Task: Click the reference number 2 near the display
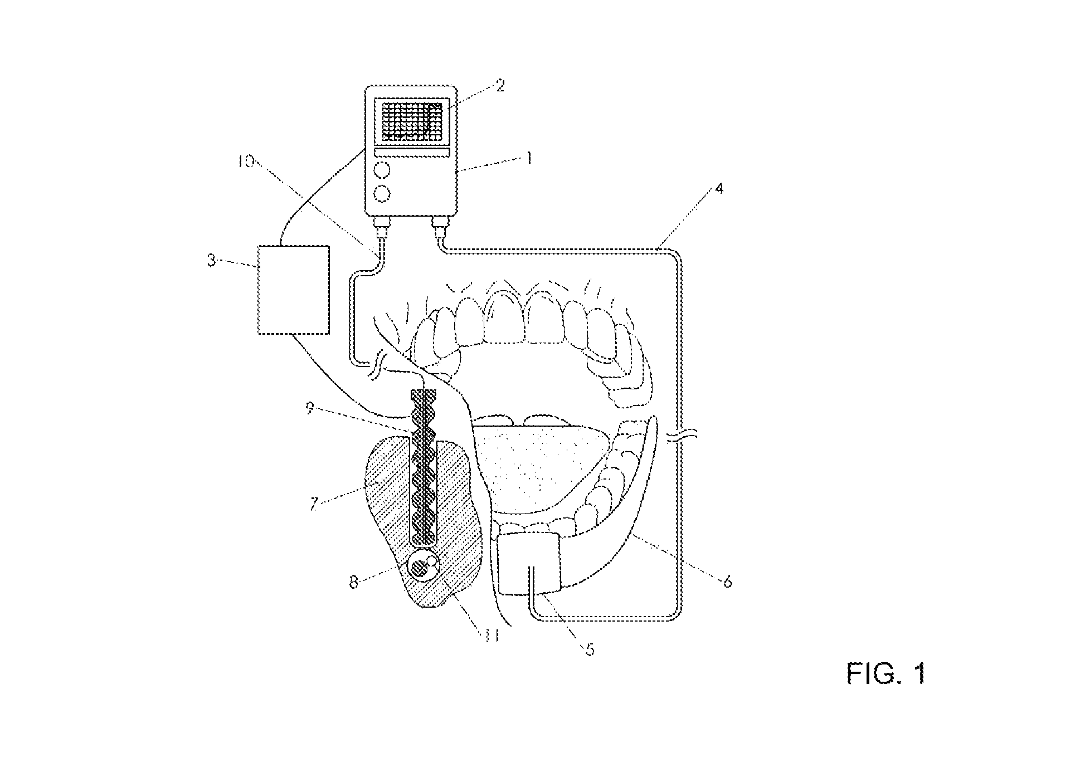[500, 86]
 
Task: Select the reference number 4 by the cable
[719, 189]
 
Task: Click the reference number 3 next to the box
[211, 260]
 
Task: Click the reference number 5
[590, 649]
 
